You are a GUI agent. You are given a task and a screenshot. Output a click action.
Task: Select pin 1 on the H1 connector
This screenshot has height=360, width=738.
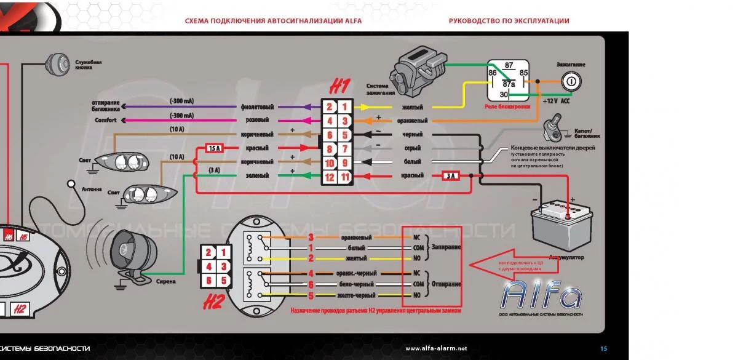click(346, 106)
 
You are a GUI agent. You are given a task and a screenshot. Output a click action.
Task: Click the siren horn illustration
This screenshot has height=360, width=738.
click(125, 252)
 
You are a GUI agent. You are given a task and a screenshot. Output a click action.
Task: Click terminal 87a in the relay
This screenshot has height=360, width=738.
click(509, 84)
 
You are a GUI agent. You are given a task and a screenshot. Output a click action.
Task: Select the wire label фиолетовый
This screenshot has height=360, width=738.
click(257, 106)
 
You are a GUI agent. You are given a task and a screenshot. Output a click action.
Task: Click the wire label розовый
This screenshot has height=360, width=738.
click(257, 121)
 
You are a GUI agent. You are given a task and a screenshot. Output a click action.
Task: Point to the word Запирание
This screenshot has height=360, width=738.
click(446, 247)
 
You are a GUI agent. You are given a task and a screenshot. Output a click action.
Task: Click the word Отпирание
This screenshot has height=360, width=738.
click(446, 284)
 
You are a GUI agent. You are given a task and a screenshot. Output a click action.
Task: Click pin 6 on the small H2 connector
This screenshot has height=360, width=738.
click(209, 281)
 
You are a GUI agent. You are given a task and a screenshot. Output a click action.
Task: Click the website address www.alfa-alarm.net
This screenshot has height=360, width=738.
click(436, 348)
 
